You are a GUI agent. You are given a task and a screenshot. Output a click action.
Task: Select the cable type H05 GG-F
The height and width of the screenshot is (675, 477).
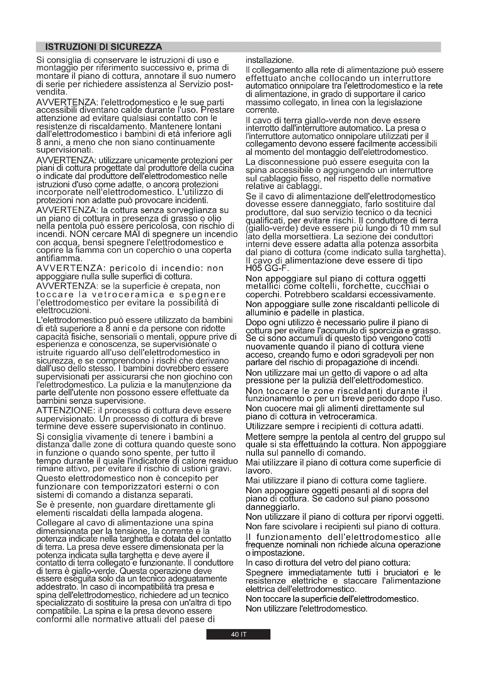point(267,269)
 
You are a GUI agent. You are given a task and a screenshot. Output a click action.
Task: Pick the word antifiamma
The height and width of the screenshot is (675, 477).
point(59,259)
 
